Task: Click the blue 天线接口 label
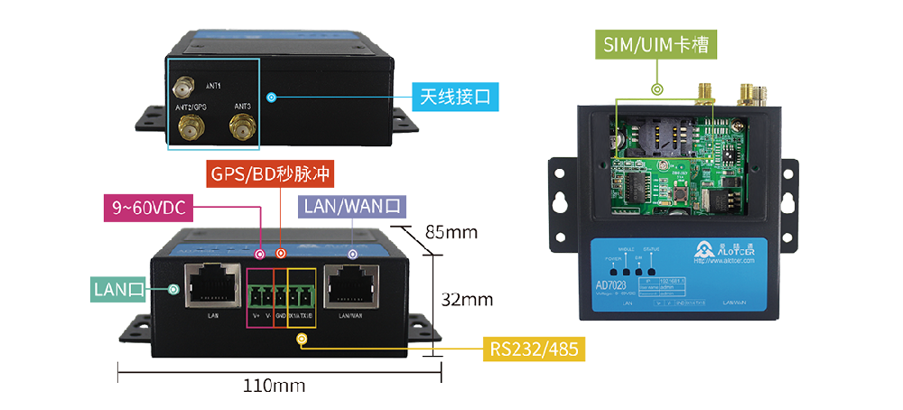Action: point(455,97)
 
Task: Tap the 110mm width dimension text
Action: point(275,386)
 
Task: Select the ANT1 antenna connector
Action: point(183,89)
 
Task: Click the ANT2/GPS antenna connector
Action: point(191,128)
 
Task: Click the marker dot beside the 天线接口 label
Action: point(272,97)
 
